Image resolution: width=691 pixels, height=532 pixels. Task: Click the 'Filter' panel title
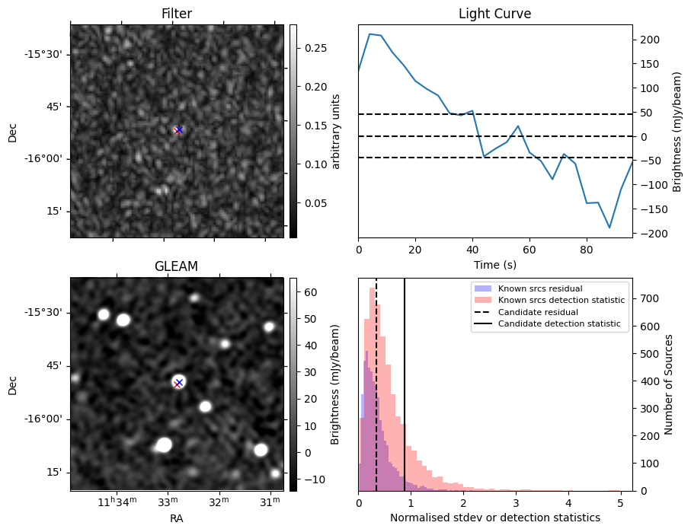(177, 14)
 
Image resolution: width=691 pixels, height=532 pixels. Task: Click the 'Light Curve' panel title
(494, 14)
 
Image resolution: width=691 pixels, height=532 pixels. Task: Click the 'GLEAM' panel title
(177, 266)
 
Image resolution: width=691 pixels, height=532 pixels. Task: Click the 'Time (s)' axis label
(494, 263)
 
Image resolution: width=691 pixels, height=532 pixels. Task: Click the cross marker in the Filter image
(178, 130)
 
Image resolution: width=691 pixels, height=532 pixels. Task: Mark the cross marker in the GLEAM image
(178, 383)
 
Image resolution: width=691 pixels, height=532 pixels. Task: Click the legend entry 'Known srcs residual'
(539, 289)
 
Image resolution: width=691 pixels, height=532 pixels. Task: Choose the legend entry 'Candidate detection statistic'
(558, 324)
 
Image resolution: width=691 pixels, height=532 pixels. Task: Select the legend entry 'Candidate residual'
(538, 313)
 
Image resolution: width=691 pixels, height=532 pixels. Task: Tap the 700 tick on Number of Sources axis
(647, 298)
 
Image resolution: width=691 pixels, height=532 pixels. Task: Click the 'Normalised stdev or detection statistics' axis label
(494, 518)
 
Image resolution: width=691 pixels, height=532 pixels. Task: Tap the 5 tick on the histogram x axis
(620, 503)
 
